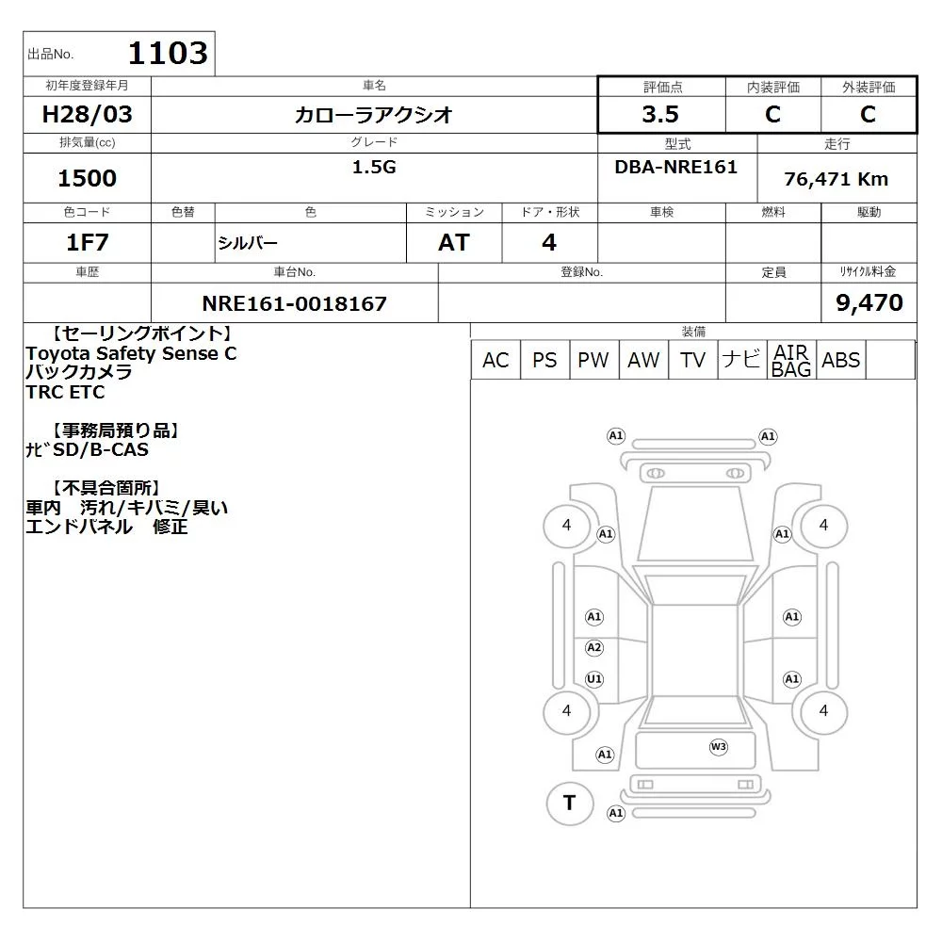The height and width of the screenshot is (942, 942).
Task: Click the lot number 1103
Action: point(169,53)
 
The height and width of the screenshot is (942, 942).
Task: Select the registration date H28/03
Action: point(87,114)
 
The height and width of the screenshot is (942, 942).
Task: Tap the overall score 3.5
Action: point(660,114)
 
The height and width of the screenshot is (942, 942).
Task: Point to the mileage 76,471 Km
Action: point(836,179)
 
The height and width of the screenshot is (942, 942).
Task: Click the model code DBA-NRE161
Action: point(675,167)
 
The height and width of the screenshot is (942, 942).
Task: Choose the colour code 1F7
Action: point(87,242)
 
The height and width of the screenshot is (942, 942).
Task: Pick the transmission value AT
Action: point(454,242)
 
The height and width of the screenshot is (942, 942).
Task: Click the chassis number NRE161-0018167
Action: point(294,303)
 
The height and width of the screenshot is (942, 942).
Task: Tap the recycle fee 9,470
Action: point(869,302)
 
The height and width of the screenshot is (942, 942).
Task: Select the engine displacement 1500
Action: point(87,178)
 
